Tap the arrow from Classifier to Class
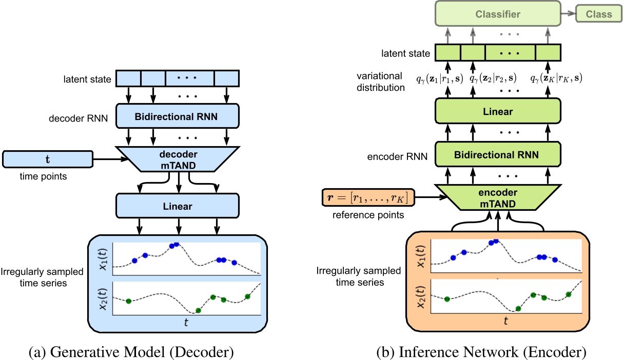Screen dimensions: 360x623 click(x=569, y=14)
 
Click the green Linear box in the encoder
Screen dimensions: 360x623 click(x=497, y=112)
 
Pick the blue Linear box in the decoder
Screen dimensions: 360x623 click(x=178, y=207)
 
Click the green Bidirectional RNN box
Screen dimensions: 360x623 click(x=497, y=153)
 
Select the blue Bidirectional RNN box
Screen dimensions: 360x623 click(x=178, y=116)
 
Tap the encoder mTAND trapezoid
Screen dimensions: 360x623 click(x=497, y=197)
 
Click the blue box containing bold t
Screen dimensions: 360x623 click(x=47, y=159)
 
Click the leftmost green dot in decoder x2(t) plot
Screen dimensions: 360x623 click(x=128, y=301)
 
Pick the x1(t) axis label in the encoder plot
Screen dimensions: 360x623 click(x=420, y=254)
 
